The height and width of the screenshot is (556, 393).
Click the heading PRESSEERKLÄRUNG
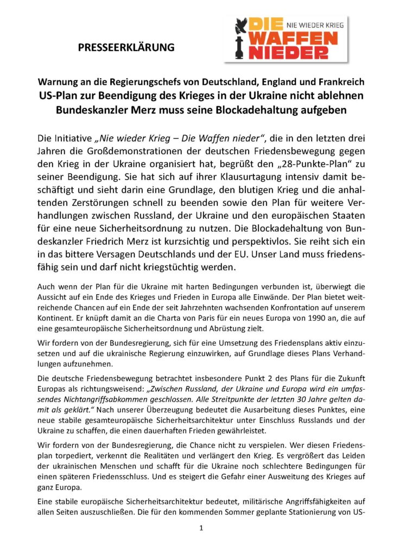coord(126,47)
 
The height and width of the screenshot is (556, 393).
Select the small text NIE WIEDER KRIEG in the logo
coord(315,24)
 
